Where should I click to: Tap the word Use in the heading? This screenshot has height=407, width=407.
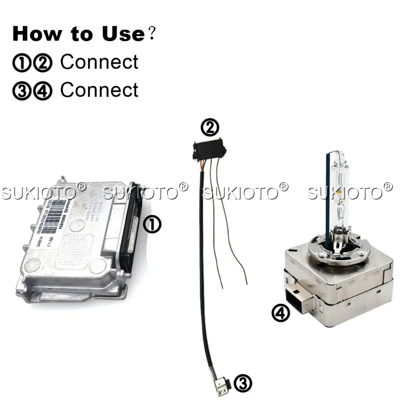(122, 34)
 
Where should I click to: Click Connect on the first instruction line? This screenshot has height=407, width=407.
(99, 62)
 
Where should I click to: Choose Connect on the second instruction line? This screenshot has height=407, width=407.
(99, 90)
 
